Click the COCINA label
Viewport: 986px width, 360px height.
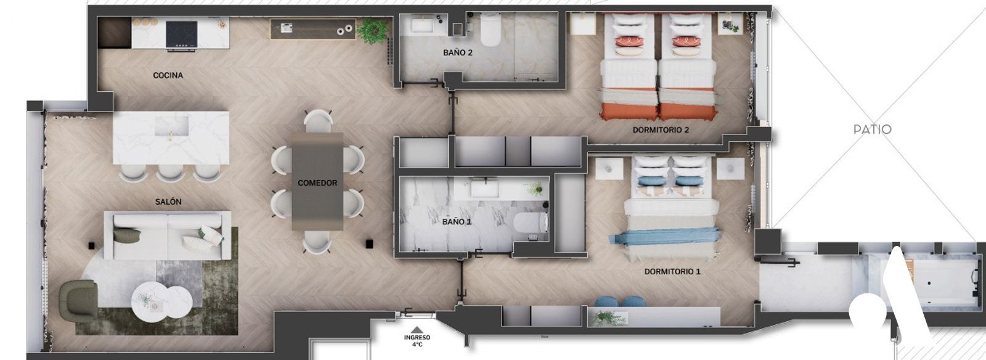tap(168, 75)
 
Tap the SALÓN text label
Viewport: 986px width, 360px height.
tap(168, 202)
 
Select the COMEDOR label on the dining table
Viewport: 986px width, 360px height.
tap(317, 182)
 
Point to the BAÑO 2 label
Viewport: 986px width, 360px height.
tap(458, 52)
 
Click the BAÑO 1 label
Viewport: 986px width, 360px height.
tap(457, 221)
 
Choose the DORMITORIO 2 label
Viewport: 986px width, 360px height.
tap(661, 130)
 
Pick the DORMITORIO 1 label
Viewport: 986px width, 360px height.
tap(672, 271)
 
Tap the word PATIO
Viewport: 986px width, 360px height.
tap(873, 129)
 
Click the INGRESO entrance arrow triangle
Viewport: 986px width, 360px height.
tap(417, 330)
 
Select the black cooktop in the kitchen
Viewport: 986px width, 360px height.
tap(181, 34)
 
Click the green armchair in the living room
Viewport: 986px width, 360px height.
tap(78, 300)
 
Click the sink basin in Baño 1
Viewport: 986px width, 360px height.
tap(483, 189)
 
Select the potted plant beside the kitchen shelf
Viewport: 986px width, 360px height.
tap(373, 30)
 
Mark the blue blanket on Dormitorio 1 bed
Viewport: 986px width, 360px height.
tap(665, 236)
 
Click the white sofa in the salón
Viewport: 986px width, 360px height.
tap(167, 235)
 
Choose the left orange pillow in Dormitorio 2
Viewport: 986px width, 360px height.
tap(629, 42)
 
